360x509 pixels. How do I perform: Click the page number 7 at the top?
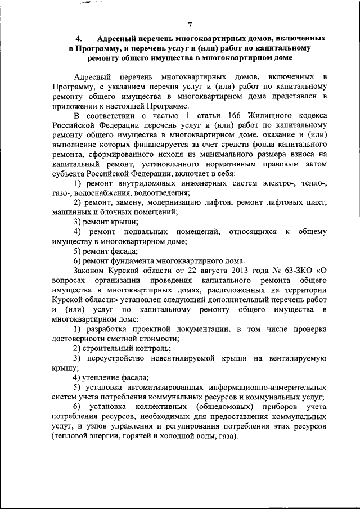[x=190, y=25]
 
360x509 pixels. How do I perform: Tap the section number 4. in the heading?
[x=79, y=39]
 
